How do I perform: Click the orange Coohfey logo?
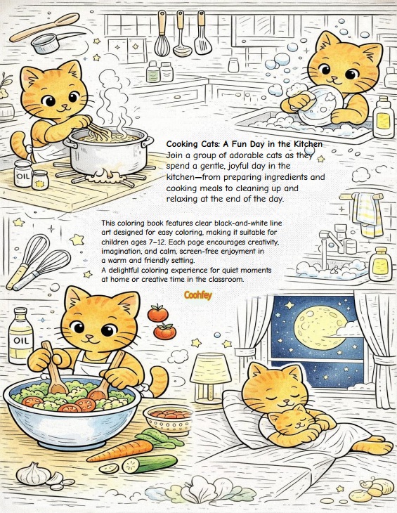coord(198,295)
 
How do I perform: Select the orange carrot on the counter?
coord(120,451)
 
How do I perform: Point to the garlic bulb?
coord(33,474)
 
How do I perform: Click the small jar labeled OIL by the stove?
coord(23,173)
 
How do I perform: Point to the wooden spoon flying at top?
coord(44,27)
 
